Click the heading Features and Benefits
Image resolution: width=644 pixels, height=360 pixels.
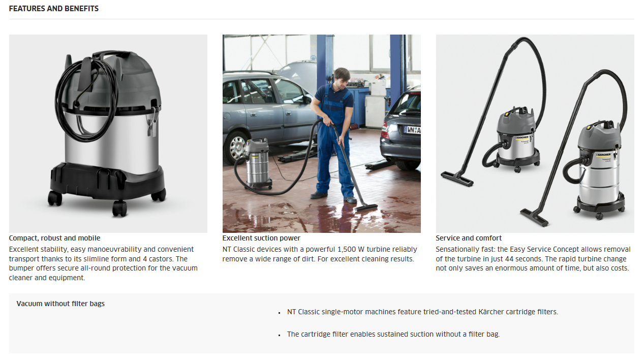[x=54, y=9]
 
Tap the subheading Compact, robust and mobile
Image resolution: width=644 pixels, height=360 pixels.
[x=54, y=238]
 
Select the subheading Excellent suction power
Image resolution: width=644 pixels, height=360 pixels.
[x=261, y=238]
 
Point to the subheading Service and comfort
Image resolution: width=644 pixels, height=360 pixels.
[x=468, y=238]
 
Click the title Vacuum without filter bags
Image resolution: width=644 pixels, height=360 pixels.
[x=60, y=304]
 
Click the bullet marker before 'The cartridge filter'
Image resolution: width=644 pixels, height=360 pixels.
[x=279, y=335]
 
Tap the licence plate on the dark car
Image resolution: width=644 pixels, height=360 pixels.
[x=412, y=130]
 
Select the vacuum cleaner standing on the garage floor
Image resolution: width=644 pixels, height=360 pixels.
[x=258, y=163]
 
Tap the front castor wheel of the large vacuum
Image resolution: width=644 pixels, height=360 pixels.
[x=119, y=208]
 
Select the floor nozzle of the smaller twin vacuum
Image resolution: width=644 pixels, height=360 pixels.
[x=457, y=178]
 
